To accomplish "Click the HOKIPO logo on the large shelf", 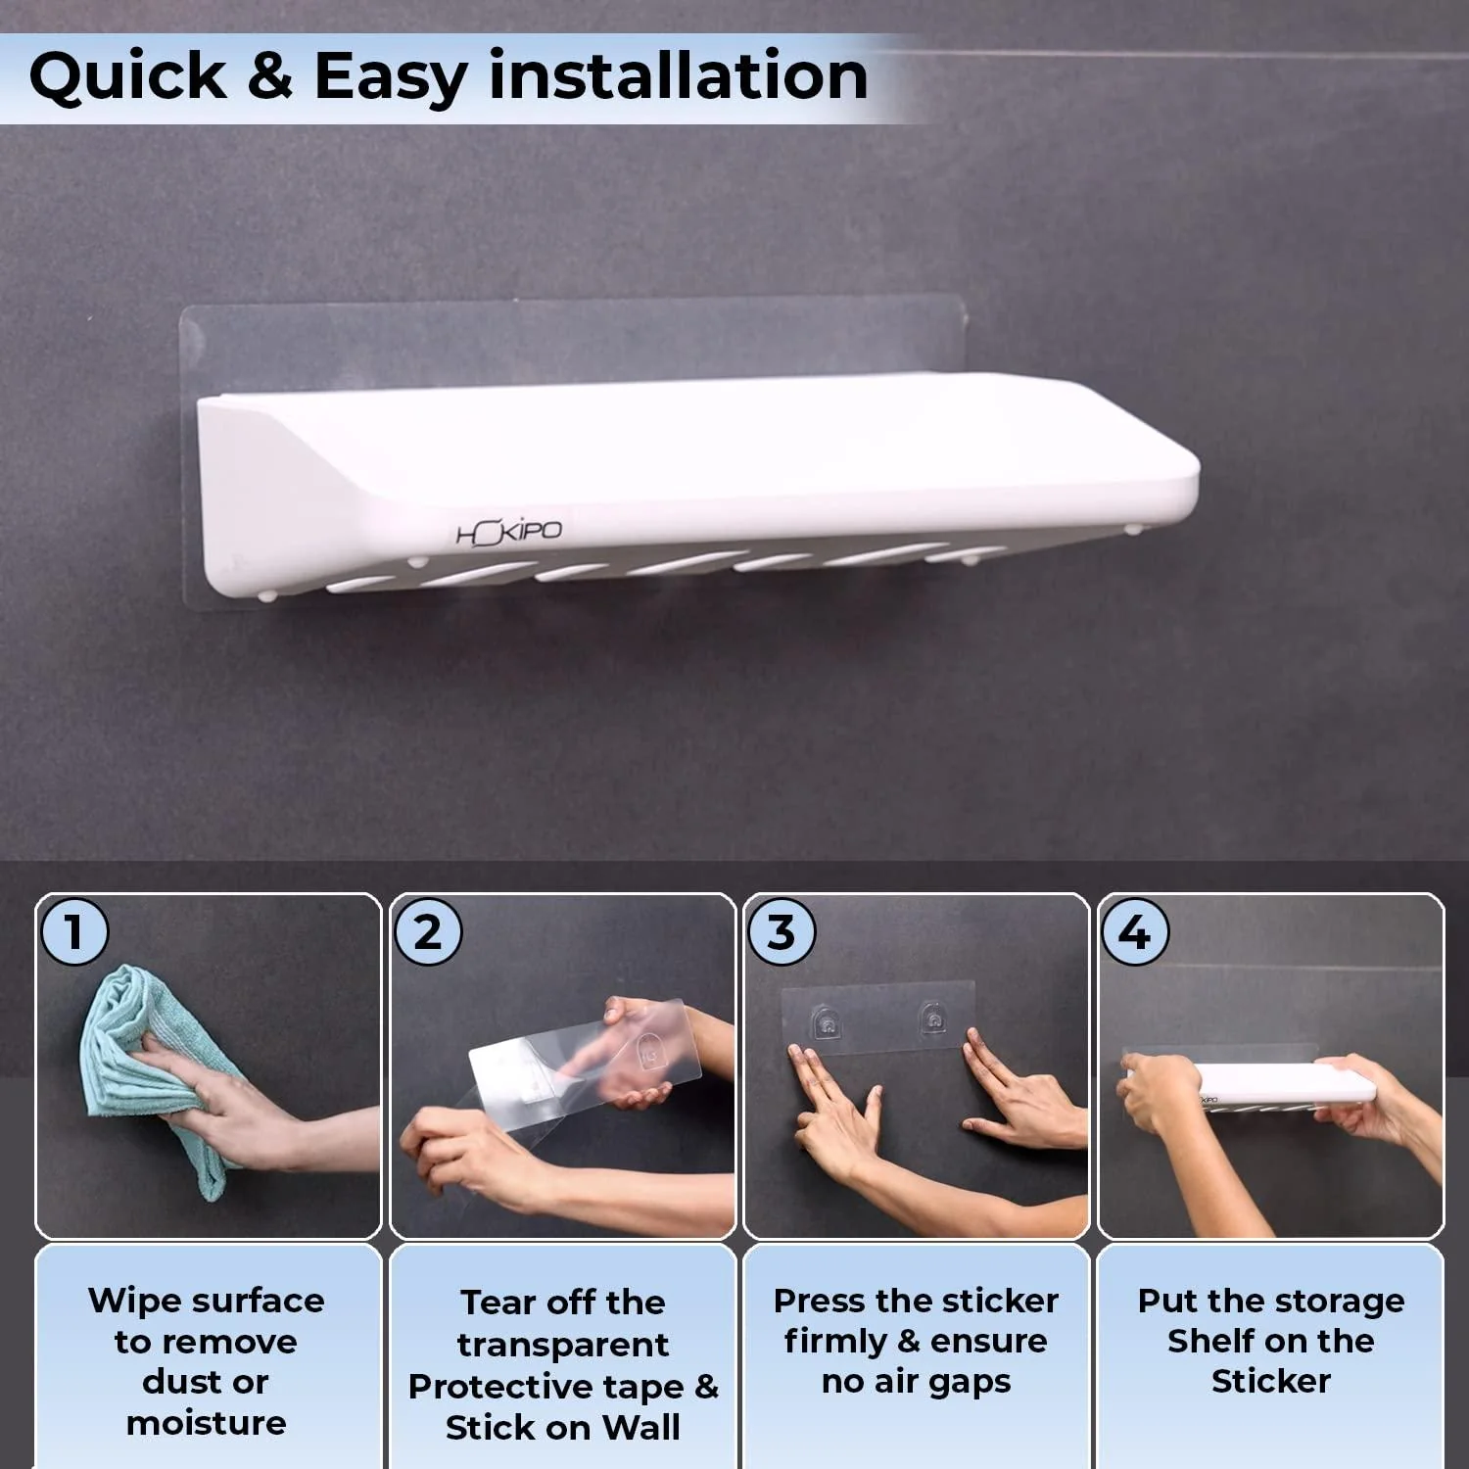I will tap(509, 533).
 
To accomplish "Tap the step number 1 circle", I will tap(74, 931).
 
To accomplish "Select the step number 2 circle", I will tap(428, 932).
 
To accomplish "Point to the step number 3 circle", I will tap(782, 932).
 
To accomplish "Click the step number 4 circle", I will tap(1135, 932).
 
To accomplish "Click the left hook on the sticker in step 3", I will tap(828, 1023).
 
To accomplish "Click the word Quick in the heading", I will tap(127, 76).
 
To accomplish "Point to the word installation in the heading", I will tap(678, 76).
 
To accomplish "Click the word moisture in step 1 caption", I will tap(206, 1422).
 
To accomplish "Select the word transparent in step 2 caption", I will tap(563, 1345).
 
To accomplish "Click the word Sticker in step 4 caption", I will tap(1270, 1381).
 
